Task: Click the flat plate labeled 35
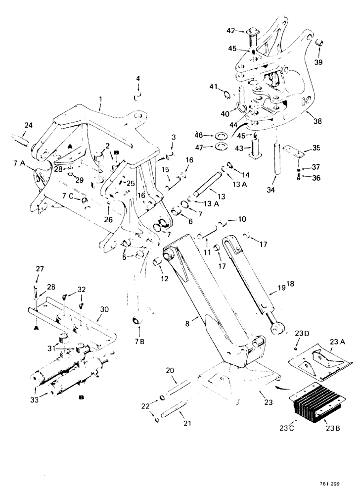292,150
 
